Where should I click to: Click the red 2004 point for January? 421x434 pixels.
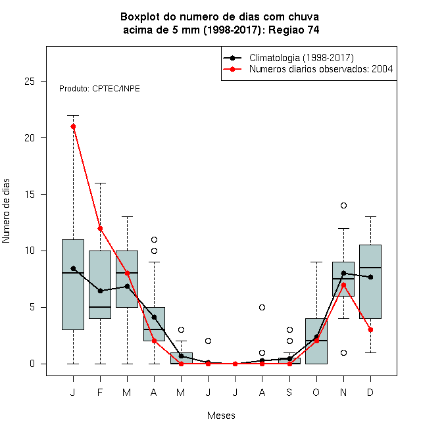(x=74, y=126)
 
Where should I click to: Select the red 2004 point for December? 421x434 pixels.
(x=370, y=329)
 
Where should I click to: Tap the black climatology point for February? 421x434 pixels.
(x=100, y=291)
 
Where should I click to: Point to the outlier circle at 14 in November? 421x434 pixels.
(x=343, y=205)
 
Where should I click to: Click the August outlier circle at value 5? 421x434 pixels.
(x=262, y=307)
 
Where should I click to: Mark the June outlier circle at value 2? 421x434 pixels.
(x=208, y=341)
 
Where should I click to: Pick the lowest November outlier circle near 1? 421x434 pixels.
(x=343, y=352)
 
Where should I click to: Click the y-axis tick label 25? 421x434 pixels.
(x=30, y=82)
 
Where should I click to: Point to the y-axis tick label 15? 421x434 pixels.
(x=30, y=194)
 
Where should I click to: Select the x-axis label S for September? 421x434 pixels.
(x=289, y=392)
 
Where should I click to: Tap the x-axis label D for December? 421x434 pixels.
(x=370, y=392)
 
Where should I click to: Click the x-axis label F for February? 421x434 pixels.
(x=100, y=392)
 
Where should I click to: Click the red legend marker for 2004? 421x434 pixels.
(x=232, y=69)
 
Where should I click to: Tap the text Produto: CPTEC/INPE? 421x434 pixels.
(x=99, y=89)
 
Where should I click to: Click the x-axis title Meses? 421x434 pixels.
(x=221, y=416)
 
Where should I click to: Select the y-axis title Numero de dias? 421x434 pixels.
(x=6, y=211)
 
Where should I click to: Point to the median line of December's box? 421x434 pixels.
(x=370, y=268)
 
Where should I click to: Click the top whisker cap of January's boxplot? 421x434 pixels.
(x=74, y=116)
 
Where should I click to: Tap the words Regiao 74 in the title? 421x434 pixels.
(x=294, y=30)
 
